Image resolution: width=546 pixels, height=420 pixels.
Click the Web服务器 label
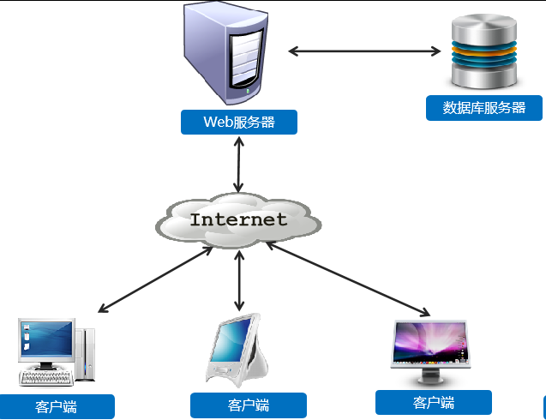[x=238, y=122]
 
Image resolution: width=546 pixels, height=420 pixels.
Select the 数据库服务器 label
[x=484, y=108]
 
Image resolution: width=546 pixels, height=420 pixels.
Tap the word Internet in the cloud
[x=238, y=219]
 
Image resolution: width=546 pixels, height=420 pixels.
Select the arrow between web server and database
[x=363, y=51]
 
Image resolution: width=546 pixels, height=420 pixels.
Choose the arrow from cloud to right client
[x=347, y=279]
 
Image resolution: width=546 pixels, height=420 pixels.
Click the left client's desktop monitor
[x=46, y=341]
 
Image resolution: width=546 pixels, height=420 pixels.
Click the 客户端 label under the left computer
[x=57, y=406]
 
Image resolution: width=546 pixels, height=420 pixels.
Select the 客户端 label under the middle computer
[x=249, y=405]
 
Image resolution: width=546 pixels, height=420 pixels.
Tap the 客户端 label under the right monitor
[x=434, y=403]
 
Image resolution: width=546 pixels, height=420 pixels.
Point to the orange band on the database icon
[x=484, y=51]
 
